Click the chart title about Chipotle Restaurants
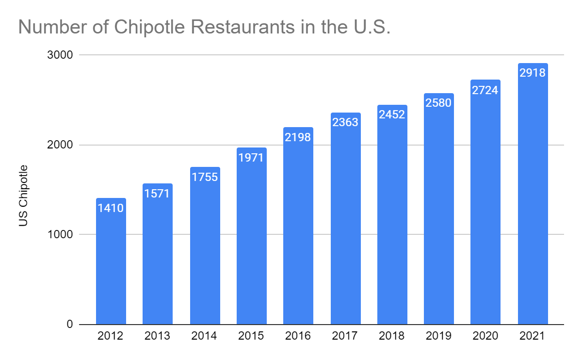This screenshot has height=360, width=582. coord(204,28)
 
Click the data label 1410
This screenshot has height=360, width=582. coord(111,209)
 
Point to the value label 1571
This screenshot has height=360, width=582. coord(158,194)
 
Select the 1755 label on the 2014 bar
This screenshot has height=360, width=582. coord(205,177)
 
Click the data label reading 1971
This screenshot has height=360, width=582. coord(251,158)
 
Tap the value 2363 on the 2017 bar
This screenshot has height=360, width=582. coord(345,122)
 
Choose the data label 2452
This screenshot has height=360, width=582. coord(392,115)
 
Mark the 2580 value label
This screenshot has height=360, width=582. coord(439,103)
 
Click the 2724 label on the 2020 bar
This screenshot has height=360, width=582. coord(485,90)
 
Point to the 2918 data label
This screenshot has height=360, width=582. coord(533,73)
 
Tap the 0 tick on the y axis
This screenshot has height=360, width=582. coord(69,325)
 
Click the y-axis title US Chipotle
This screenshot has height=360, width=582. coord(23,196)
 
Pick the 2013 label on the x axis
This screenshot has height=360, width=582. coord(158,336)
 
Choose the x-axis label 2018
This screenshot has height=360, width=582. coord(392,336)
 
